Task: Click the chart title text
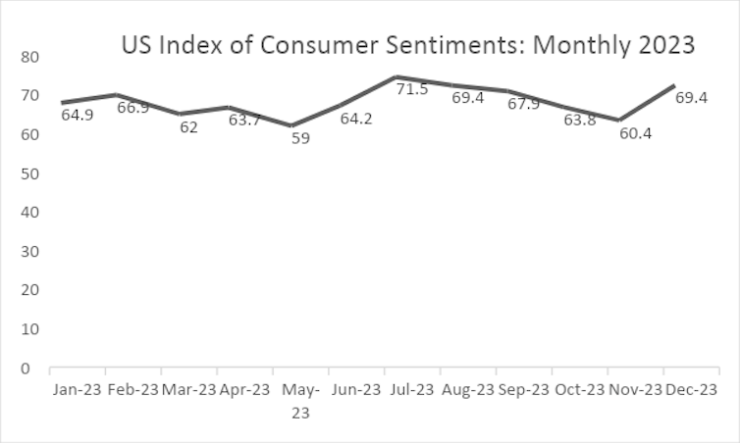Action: [x=407, y=45]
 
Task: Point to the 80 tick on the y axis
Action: [x=28, y=57]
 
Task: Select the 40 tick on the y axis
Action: [x=28, y=213]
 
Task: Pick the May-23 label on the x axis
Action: [x=300, y=401]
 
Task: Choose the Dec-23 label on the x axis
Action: [x=691, y=390]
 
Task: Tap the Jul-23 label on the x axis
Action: [x=412, y=390]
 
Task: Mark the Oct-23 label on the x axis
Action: [x=579, y=390]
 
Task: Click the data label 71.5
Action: [x=412, y=90]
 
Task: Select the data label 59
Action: [x=301, y=139]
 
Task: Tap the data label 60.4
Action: [x=636, y=133]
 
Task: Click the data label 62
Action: [x=188, y=127]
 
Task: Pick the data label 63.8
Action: [x=580, y=121]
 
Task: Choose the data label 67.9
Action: [x=524, y=104]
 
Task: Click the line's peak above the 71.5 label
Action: [x=396, y=76]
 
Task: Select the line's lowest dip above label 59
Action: [x=291, y=125]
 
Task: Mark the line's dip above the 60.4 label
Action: [x=618, y=120]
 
